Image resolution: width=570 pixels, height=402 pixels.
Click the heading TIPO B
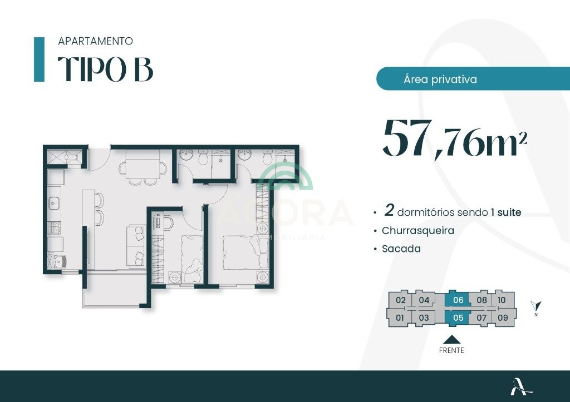(105, 69)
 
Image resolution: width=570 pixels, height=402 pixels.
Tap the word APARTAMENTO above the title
(95, 41)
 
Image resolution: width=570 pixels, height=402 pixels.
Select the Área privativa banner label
(440, 79)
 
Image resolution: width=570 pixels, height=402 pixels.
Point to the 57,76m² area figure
(455, 138)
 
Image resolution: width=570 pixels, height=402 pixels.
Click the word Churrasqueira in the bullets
(418, 231)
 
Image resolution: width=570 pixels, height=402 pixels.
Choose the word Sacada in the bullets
(401, 249)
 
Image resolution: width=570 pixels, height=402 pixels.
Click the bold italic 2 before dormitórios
(389, 211)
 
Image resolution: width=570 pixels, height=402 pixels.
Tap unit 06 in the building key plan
(458, 300)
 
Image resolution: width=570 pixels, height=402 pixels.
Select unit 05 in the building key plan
(458, 317)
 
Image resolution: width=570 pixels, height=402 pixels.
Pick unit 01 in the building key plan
(400, 317)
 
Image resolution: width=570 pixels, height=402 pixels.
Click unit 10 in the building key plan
(502, 300)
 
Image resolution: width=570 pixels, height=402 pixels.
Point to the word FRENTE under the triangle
(451, 350)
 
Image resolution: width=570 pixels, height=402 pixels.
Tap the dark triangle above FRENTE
(451, 340)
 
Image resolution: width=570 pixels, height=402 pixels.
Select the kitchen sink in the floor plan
(54, 203)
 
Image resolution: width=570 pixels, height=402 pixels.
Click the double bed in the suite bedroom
(240, 253)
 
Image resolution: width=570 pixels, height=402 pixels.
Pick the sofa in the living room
(136, 246)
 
